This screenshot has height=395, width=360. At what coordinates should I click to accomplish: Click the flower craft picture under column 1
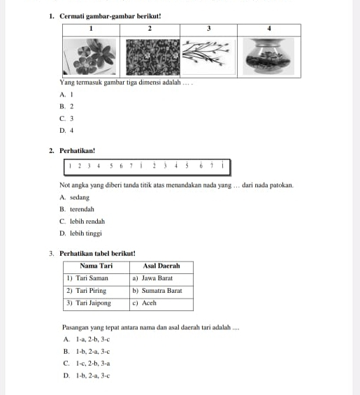click(x=90, y=57)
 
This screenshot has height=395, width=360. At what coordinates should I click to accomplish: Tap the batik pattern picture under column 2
click(x=153, y=57)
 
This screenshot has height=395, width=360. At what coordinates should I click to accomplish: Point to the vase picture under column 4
click(x=268, y=57)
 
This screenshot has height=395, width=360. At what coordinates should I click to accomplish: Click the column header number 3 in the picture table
click(x=208, y=29)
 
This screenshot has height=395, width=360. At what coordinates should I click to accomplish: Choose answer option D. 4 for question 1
click(x=66, y=131)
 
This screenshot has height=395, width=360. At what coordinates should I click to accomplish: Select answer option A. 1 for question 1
click(x=66, y=94)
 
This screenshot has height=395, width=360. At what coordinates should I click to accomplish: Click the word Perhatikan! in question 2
click(x=78, y=151)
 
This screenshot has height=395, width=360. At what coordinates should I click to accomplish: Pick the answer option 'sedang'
click(x=80, y=197)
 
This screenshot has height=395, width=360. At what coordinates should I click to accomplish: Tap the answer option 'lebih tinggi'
click(x=86, y=234)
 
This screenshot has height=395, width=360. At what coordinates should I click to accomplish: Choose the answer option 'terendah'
click(x=82, y=209)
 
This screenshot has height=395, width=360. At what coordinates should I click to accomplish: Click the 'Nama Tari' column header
click(x=96, y=266)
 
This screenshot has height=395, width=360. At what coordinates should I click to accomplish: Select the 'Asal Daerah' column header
click(x=161, y=266)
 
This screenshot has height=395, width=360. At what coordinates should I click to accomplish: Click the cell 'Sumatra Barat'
click(x=161, y=291)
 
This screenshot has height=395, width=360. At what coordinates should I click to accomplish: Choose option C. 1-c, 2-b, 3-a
click(x=87, y=364)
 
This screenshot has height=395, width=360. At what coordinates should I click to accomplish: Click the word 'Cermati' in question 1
click(x=72, y=16)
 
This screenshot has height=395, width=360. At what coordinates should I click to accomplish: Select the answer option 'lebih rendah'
click(x=87, y=222)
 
